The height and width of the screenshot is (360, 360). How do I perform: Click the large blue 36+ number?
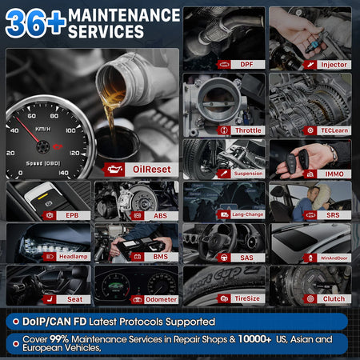click(x=34, y=22)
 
